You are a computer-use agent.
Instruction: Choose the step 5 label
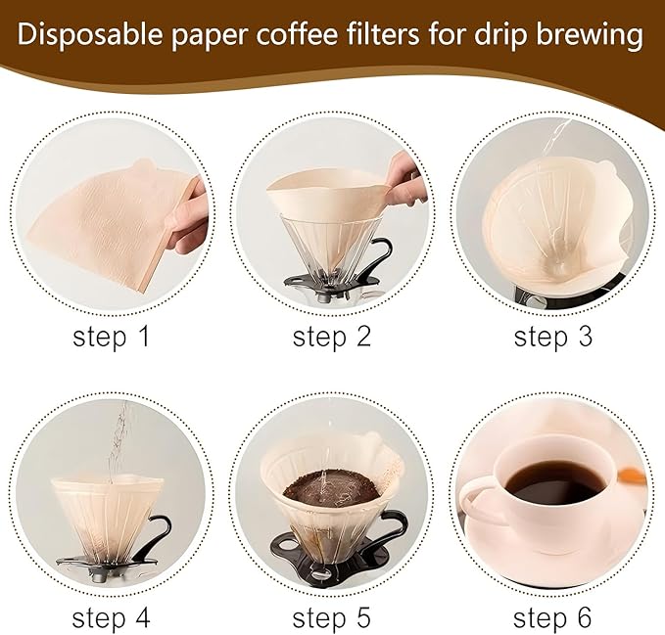332,617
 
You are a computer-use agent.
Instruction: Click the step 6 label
553,617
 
